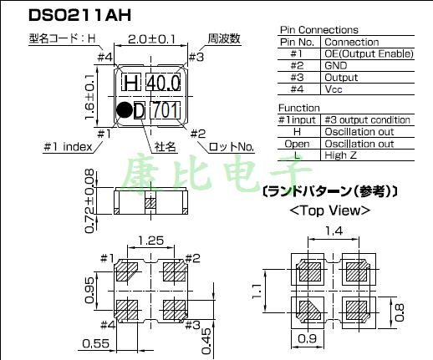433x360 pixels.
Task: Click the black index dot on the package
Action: click(x=124, y=109)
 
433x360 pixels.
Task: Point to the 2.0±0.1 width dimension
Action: click(x=152, y=38)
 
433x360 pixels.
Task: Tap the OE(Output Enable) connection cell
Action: click(x=368, y=53)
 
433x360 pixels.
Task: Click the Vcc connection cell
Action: click(x=334, y=88)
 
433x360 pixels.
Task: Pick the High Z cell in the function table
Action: click(x=341, y=155)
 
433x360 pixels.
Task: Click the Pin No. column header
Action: click(x=298, y=42)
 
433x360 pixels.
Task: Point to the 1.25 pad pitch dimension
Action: click(x=152, y=240)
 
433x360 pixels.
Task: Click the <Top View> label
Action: click(x=329, y=210)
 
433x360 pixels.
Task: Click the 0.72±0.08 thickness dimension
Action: click(x=90, y=197)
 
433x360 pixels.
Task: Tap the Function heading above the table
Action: click(x=298, y=108)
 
